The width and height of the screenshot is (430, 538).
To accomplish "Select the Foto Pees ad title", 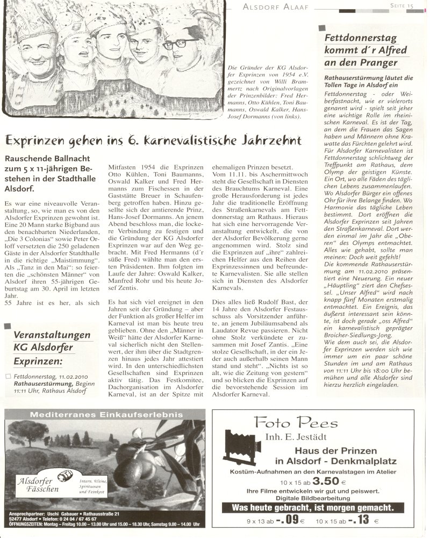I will pos(297,423).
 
